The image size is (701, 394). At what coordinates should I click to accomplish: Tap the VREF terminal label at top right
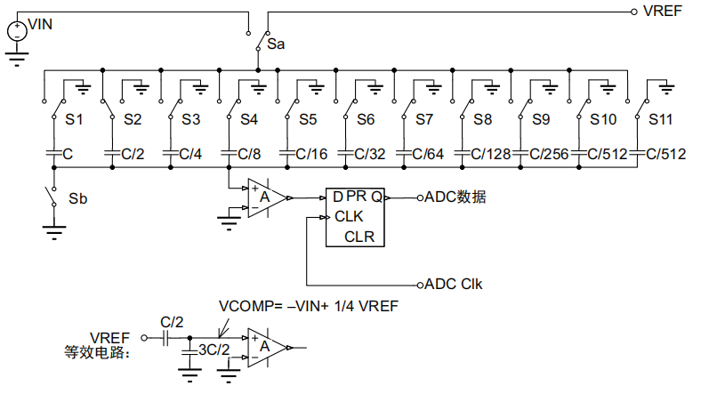click(664, 12)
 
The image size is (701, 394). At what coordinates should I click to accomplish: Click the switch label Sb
click(77, 198)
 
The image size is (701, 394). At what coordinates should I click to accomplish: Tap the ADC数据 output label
click(455, 197)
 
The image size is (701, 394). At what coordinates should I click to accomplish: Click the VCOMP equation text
click(308, 307)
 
